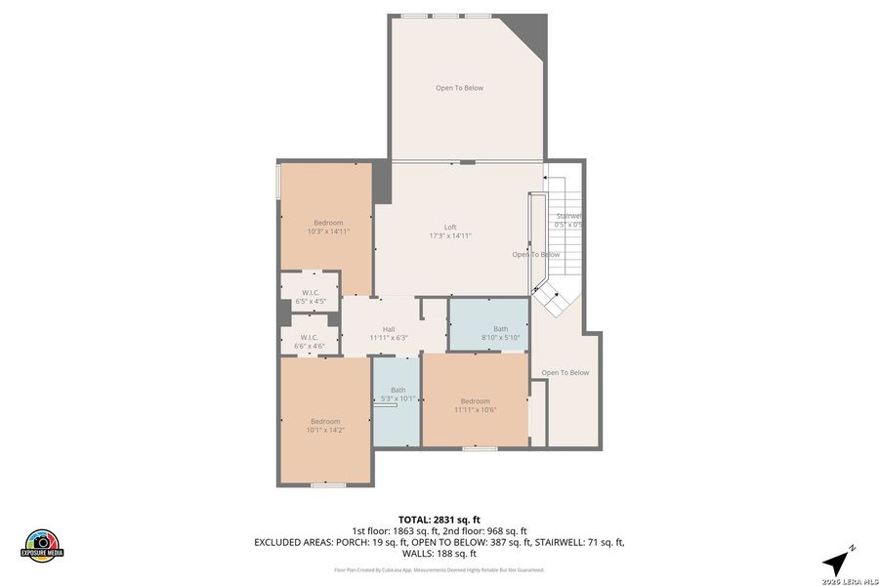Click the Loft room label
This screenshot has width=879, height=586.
450,227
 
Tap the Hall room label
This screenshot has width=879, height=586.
389,329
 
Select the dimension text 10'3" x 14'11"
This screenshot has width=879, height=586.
328,231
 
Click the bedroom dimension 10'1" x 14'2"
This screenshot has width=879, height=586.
325,430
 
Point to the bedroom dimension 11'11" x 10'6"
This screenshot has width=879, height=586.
475,410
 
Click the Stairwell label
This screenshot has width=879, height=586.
568,216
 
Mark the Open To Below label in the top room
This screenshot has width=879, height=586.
459,88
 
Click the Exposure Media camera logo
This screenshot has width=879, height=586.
42,543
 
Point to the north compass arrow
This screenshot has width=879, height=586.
837,560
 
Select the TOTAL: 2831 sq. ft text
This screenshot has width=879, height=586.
439,520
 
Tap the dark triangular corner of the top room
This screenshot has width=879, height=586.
533,33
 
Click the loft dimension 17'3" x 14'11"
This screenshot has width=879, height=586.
450,235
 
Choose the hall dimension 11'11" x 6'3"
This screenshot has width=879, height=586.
389,338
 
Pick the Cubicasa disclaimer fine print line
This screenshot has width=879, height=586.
439,569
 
